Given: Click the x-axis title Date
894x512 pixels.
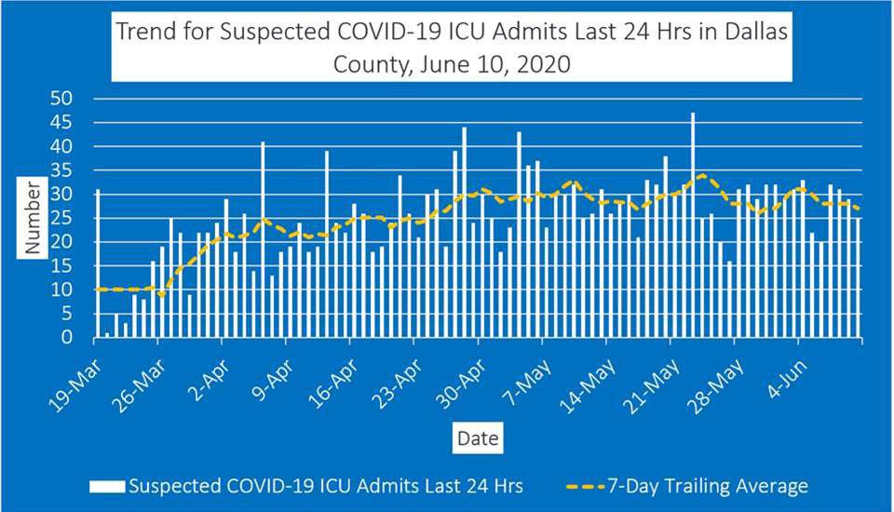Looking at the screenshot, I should pyautogui.click(x=477, y=438).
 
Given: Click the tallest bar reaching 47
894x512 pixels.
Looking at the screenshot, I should pyautogui.click(x=693, y=225).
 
